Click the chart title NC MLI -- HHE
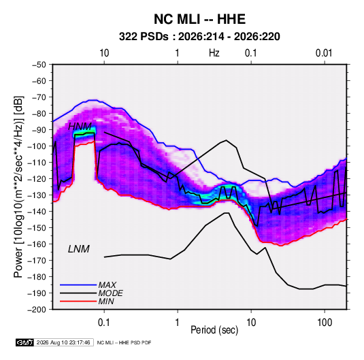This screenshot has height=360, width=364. tap(199, 19)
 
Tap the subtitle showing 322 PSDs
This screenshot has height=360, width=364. tap(199, 37)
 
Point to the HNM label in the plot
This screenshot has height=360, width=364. tap(80, 127)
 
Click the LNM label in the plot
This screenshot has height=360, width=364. tap(79, 249)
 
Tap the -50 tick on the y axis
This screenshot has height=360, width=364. tap(39, 65)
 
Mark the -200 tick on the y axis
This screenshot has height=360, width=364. tap(37, 310)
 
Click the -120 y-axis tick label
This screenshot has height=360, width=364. tap(37, 179)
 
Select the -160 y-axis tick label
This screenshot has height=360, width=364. tap(37, 244)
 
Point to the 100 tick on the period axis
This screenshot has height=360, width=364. tap(325, 323)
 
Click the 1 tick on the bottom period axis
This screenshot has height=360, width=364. tap(178, 323)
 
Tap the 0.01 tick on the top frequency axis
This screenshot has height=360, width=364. tap(324, 53)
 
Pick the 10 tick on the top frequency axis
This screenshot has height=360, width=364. tap(104, 53)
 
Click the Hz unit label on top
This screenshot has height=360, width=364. tap(214, 53)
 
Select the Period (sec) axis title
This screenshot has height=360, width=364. tap(214, 330)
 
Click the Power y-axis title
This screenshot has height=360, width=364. tap(18, 186)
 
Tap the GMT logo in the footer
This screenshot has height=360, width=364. tap(25, 342)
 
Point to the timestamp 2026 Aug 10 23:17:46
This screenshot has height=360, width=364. tap(63, 342)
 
